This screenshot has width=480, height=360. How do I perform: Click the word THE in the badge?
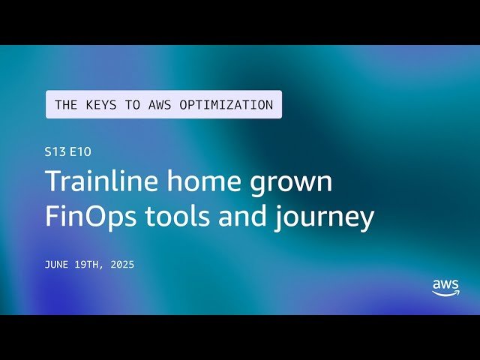65,105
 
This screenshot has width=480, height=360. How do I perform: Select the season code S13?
55,151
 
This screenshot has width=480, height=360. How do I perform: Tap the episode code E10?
81,151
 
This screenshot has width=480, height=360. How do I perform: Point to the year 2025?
121,265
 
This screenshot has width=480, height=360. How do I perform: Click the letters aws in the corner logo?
445,285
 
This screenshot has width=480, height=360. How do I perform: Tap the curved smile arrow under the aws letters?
446,293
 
